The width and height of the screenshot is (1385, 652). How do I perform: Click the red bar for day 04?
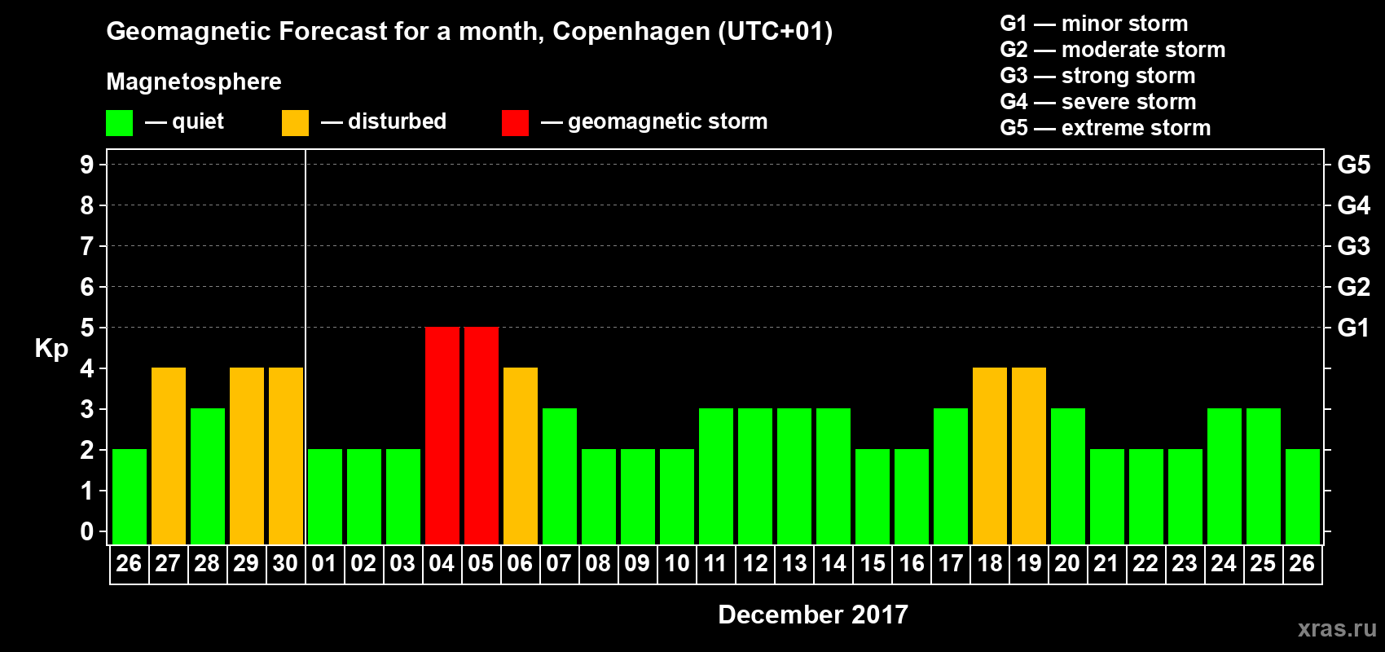pyautogui.click(x=442, y=435)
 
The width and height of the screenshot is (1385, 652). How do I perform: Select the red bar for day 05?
pyautogui.click(x=481, y=435)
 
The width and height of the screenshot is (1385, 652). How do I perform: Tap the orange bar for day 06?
pyautogui.click(x=520, y=456)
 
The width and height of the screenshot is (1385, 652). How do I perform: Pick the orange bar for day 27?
pyautogui.click(x=168, y=456)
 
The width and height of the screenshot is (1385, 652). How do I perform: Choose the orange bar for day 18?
pyautogui.click(x=989, y=456)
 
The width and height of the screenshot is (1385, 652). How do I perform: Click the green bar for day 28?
pyautogui.click(x=207, y=476)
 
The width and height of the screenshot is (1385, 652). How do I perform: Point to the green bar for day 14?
pyautogui.click(x=833, y=476)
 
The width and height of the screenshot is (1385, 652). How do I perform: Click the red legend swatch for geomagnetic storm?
pyautogui.click(x=515, y=123)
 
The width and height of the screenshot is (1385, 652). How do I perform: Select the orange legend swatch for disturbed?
pyautogui.click(x=295, y=123)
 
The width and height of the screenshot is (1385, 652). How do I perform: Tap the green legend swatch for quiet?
pyautogui.click(x=119, y=123)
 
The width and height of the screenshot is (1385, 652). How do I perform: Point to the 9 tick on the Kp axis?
pyautogui.click(x=87, y=165)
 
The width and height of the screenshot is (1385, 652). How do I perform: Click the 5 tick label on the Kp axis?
pyautogui.click(x=87, y=328)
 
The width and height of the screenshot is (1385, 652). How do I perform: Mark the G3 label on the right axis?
pyautogui.click(x=1353, y=246)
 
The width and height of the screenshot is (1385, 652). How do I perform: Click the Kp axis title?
pyautogui.click(x=51, y=349)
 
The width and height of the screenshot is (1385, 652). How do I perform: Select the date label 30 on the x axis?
pyautogui.click(x=285, y=563)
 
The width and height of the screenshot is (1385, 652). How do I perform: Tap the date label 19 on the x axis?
pyautogui.click(x=1028, y=563)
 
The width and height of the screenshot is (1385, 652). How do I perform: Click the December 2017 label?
pyautogui.click(x=813, y=615)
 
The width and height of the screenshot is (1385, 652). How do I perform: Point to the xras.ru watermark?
pyautogui.click(x=1337, y=628)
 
